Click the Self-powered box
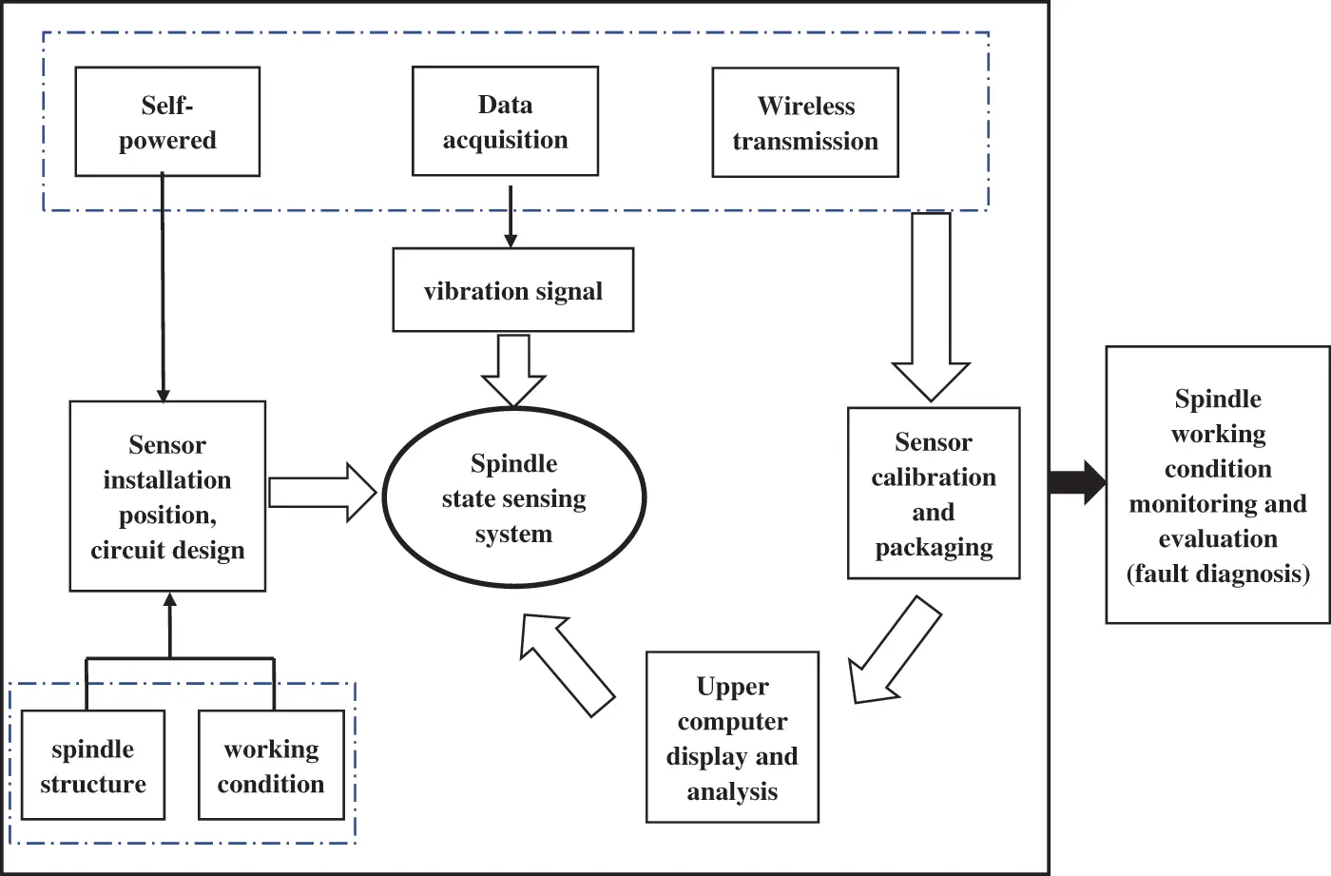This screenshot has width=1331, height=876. click(167, 122)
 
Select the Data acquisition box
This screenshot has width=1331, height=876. click(505, 121)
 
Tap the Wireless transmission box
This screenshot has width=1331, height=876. click(805, 123)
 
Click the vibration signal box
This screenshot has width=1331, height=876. click(512, 290)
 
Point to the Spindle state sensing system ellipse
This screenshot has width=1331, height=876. click(513, 497)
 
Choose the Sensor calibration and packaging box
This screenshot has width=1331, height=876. click(933, 493)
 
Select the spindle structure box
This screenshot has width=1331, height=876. click(92, 765)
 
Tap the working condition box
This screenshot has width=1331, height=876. click(271, 765)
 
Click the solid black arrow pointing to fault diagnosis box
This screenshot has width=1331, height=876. click(1077, 482)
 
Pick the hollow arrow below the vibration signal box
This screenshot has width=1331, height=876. click(513, 371)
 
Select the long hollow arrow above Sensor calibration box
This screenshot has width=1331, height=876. click(931, 304)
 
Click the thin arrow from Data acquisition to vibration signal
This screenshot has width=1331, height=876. click(511, 216)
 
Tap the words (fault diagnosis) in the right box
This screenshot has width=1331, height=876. click(1218, 574)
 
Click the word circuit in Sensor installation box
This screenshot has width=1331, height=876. click(126, 550)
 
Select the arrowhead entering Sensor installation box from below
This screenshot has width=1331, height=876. click(170, 601)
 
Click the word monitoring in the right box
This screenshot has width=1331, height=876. click(1194, 504)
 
